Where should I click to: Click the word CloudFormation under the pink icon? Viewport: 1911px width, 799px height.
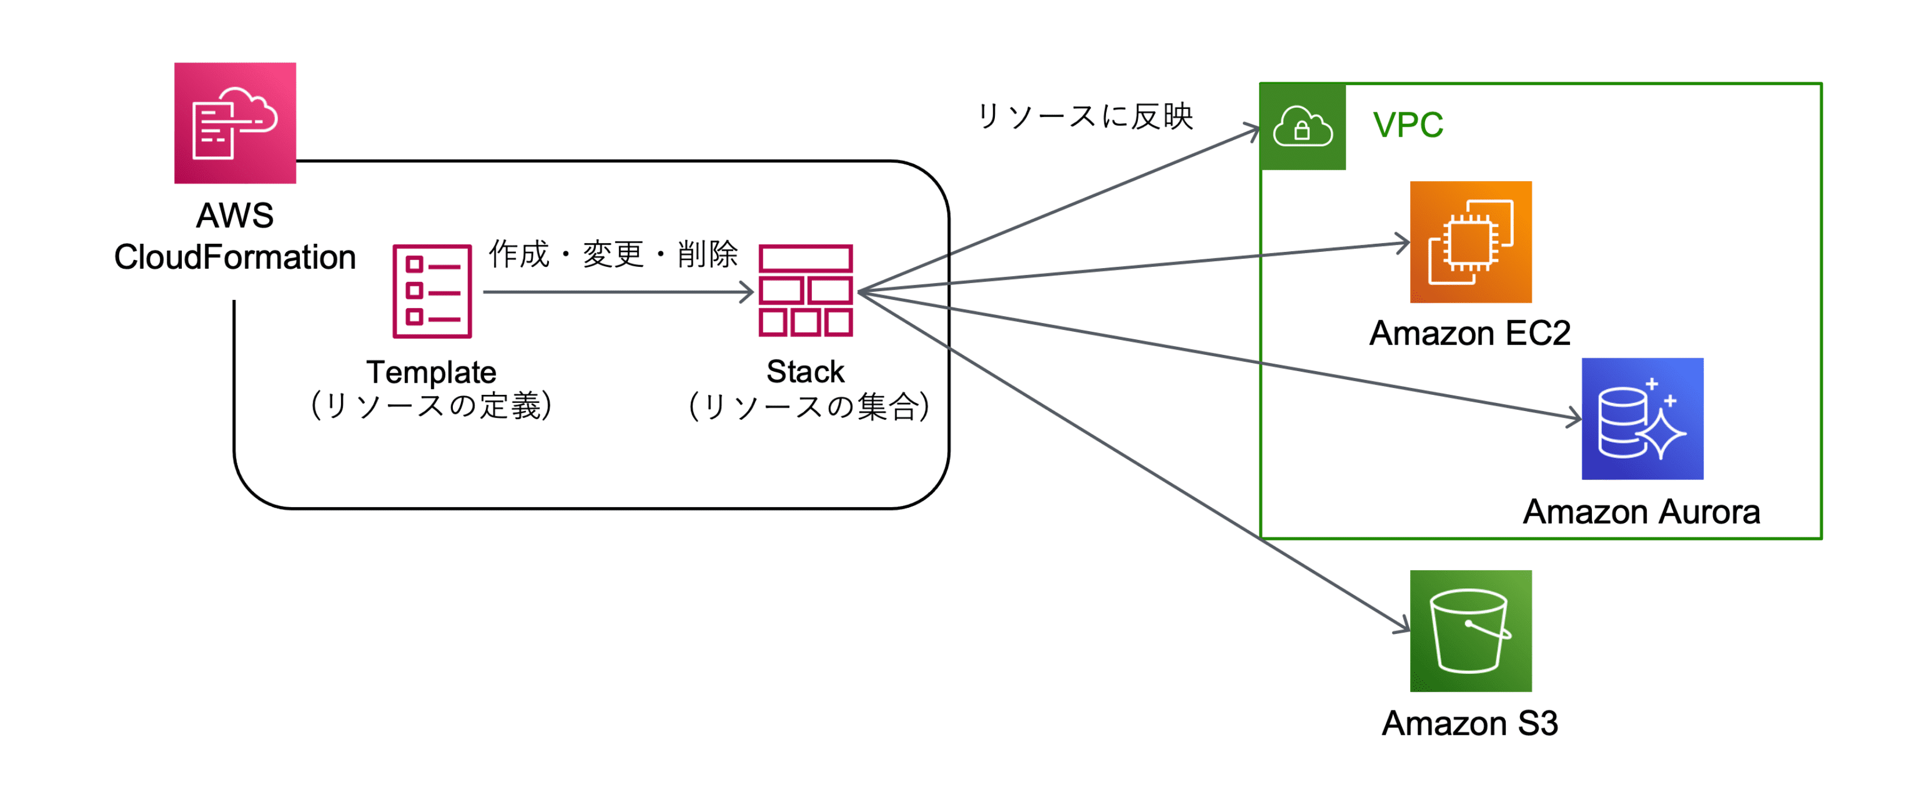click(x=235, y=256)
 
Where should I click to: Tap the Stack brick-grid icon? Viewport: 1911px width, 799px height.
click(x=805, y=291)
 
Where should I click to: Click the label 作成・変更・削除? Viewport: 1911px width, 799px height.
click(x=613, y=254)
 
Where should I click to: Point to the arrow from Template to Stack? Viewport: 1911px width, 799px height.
click(x=616, y=292)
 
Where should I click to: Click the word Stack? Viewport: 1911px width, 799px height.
click(x=805, y=371)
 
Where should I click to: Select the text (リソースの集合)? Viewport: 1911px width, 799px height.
click(x=808, y=406)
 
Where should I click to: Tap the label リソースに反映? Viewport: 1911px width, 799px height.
click(x=1085, y=116)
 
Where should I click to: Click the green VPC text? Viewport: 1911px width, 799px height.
click(x=1407, y=124)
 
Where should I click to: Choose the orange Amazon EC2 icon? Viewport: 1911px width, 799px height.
click(x=1470, y=242)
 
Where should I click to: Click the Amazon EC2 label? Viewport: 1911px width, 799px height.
click(x=1470, y=332)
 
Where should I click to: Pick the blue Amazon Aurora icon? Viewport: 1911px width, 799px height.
click(x=1642, y=419)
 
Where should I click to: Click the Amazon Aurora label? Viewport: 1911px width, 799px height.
click(x=1641, y=511)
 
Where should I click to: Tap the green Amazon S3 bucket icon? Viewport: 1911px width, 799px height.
click(x=1470, y=631)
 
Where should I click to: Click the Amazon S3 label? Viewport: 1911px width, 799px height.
click(x=1470, y=723)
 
